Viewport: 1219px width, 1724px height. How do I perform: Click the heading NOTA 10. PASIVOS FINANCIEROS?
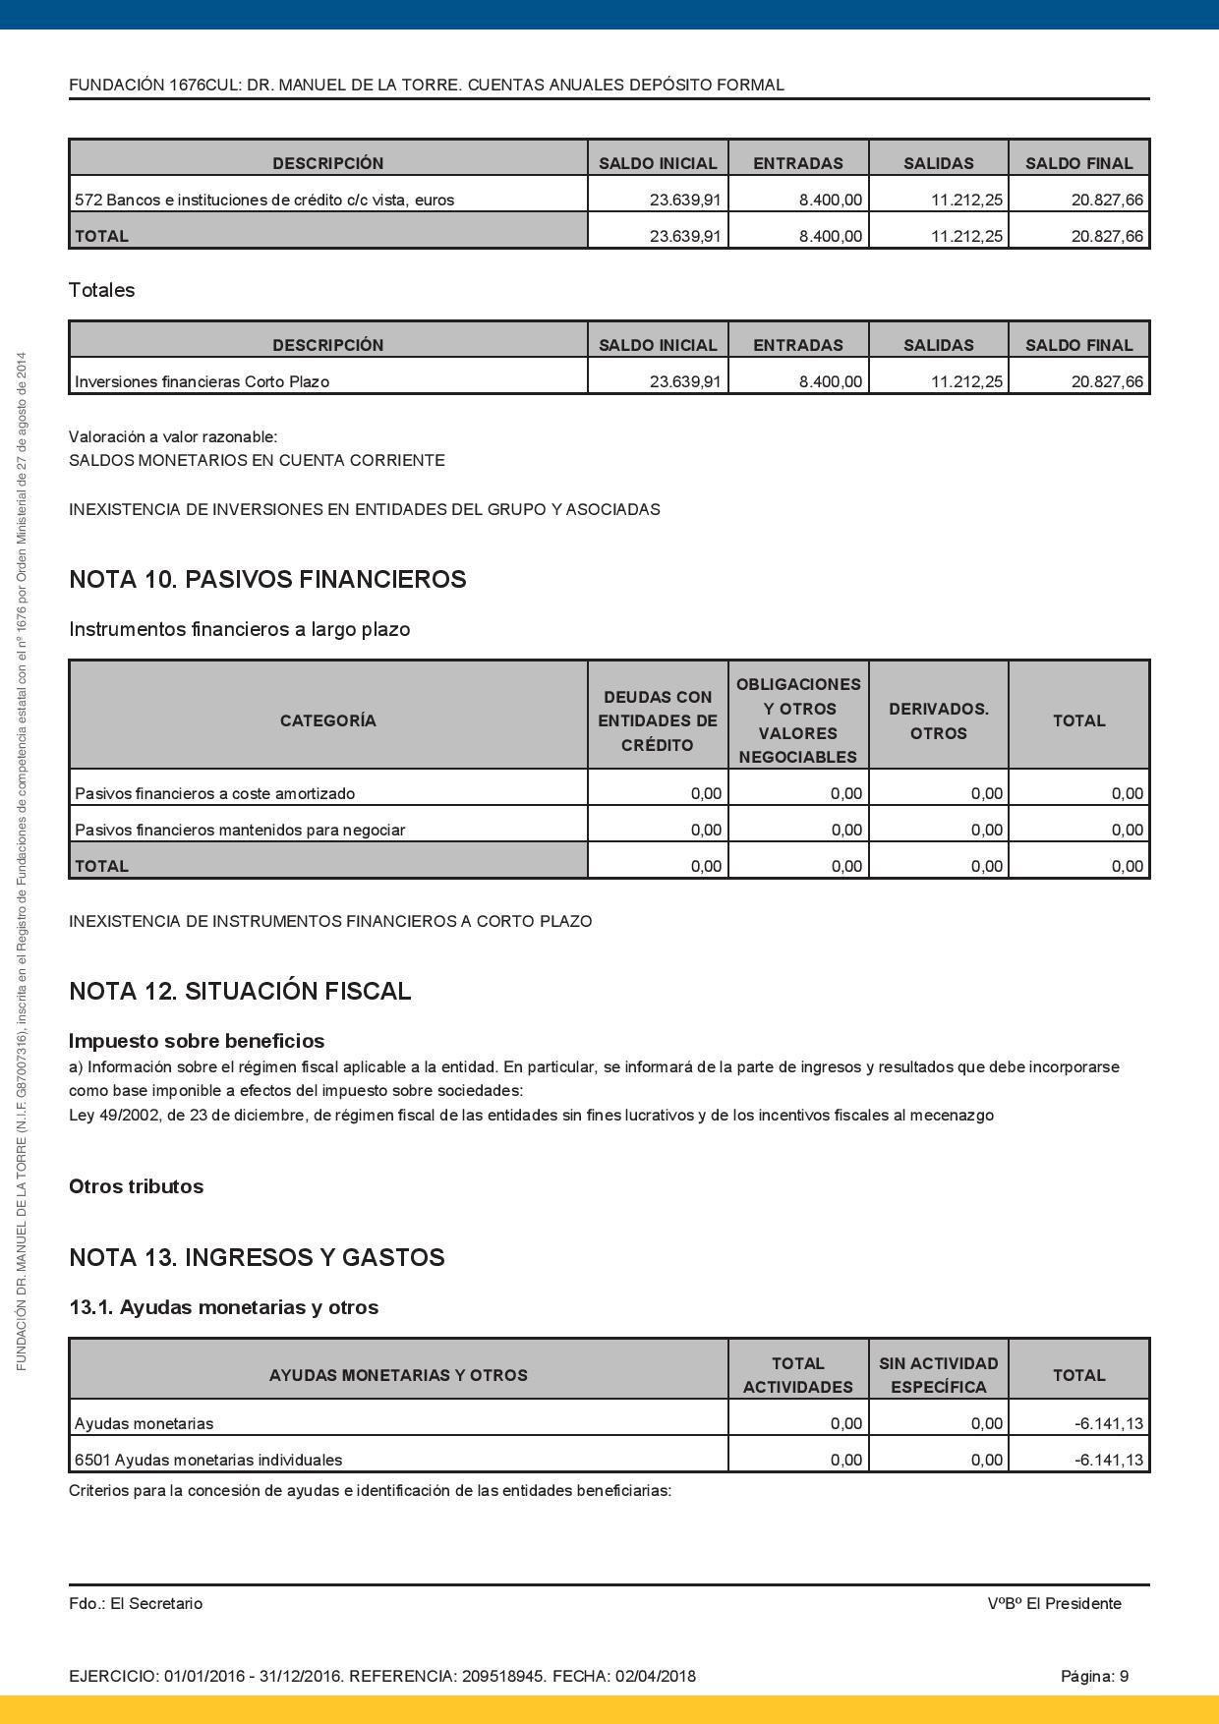pos(267,580)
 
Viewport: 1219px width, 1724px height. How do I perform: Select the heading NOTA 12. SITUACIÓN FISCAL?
pos(240,991)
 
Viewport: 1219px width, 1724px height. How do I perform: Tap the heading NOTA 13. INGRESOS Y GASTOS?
pos(257,1258)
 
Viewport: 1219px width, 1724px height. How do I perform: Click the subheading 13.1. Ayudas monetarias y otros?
pos(223,1307)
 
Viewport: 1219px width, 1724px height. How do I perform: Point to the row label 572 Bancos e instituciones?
pos(264,200)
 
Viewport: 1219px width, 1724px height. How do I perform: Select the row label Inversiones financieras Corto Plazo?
pos(202,381)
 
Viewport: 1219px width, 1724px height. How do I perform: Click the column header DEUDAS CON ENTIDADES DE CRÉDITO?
pos(658,720)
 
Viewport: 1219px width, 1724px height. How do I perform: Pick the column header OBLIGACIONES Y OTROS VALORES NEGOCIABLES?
pos(798,720)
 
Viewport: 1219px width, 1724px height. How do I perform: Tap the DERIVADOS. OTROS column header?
pos(939,720)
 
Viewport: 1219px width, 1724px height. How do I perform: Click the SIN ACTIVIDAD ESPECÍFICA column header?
pos(939,1375)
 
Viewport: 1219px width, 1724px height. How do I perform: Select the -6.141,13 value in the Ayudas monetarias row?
pos(1109,1423)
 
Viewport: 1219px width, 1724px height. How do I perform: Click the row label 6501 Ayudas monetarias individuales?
pos(208,1460)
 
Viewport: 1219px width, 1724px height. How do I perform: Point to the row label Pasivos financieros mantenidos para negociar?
pos(240,830)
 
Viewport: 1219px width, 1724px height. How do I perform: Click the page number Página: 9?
pos(1094,1676)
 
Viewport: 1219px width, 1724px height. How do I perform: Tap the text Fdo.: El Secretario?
pos(136,1603)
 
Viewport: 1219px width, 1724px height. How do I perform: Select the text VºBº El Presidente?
pos(1054,1603)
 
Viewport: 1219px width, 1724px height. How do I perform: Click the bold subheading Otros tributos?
pos(136,1186)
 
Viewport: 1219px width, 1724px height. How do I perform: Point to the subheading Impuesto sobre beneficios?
pos(197,1041)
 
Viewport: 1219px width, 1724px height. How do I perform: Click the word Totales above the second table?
pos(101,290)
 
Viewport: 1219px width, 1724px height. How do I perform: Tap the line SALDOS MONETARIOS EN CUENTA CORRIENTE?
pos(257,460)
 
